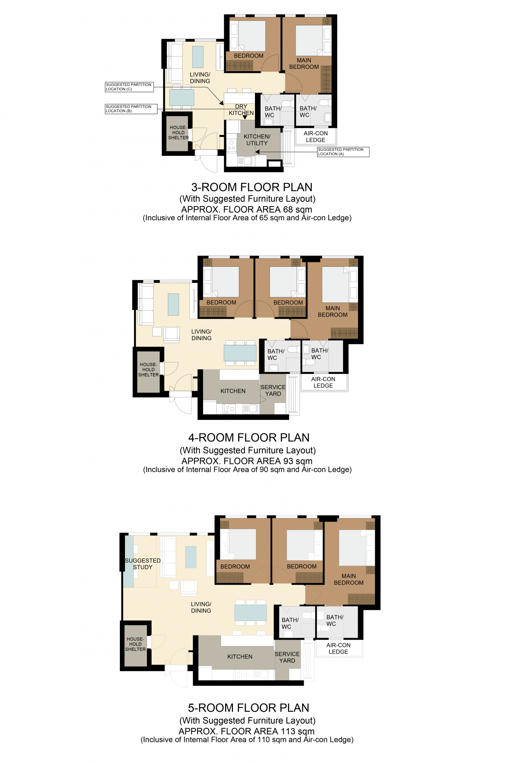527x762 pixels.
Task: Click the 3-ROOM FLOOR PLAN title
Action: coord(252,187)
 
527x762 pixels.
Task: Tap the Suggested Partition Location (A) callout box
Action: coord(343,152)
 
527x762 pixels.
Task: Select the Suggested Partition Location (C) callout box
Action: coord(129,87)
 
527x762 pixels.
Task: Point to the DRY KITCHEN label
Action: coord(241,110)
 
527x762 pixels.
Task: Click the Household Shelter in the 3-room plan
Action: coord(178,132)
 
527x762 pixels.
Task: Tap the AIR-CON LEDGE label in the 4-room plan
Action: coord(323,382)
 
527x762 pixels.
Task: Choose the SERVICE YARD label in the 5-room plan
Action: coord(287,657)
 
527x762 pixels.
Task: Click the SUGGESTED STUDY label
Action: coord(143,564)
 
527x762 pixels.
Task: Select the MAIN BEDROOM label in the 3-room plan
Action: coord(304,64)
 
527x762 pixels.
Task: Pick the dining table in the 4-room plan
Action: coord(240,353)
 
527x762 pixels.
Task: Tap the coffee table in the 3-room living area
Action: coord(198,57)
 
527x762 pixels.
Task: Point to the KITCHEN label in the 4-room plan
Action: coord(233,391)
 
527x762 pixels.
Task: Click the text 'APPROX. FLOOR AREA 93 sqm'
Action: coord(247,461)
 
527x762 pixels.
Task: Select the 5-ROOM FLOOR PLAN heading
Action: coord(248,708)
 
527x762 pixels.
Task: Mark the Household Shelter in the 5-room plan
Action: coord(135,644)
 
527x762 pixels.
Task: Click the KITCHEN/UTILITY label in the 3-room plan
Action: coord(257,140)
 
